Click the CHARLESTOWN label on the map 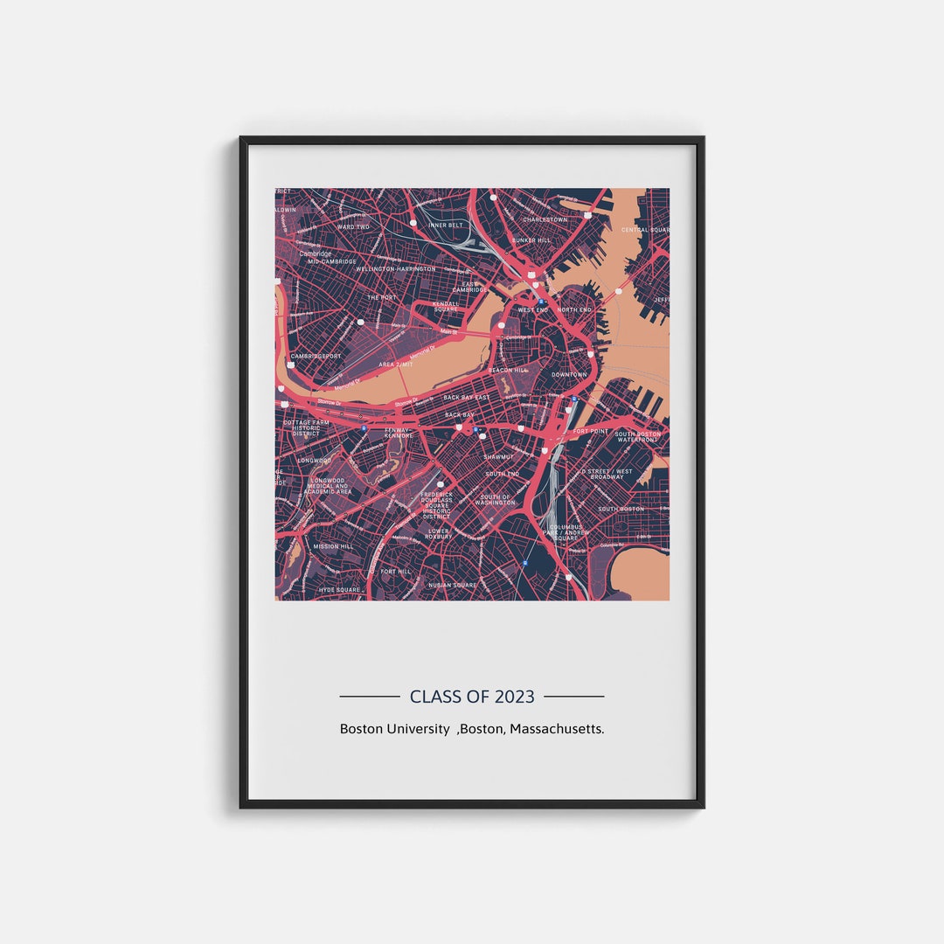coord(545,219)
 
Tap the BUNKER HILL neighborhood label coord(531,239)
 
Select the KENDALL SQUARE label coord(446,306)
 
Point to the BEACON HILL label coord(508,371)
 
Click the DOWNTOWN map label coord(569,375)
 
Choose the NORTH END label coord(574,309)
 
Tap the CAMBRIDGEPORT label coord(316,356)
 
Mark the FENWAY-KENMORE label coord(398,432)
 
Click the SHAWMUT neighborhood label coord(498,456)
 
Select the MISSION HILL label coord(333,546)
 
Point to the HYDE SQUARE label coord(339,590)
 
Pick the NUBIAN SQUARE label coord(453,585)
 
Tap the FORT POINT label coord(590,431)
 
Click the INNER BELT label coord(446,225)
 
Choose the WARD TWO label coord(353,226)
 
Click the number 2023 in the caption coord(514,697)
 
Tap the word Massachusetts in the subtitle coord(557,728)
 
